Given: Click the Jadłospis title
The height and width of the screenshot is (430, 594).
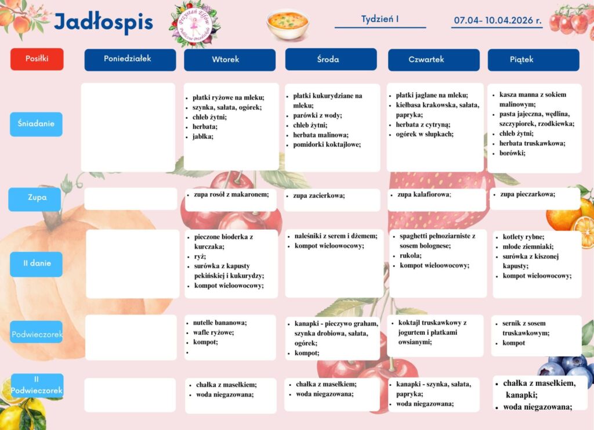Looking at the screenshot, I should (103, 23).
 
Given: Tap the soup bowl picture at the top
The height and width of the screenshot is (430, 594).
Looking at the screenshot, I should (287, 23).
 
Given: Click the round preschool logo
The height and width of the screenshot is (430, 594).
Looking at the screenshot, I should (195, 24).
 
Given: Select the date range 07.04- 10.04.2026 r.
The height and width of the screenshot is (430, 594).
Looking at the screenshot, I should (497, 20).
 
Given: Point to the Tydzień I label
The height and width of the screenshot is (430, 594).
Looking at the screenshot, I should (380, 19).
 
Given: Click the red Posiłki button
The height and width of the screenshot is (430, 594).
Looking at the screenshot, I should (37, 59).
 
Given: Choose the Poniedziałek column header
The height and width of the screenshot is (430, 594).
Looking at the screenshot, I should (130, 59).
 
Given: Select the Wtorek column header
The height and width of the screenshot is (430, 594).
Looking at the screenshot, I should (229, 60).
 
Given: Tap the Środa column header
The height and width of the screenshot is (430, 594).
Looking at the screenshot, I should (331, 59).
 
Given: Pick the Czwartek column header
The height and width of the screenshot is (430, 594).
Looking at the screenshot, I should (433, 60).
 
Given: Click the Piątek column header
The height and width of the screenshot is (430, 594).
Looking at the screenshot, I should (533, 60).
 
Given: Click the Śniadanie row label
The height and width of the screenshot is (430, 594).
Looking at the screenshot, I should (36, 124).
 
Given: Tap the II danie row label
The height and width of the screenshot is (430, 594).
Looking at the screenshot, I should (36, 263).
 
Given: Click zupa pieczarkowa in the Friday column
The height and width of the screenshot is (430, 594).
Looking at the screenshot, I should (527, 194).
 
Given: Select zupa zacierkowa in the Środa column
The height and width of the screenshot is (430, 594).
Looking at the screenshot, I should (318, 196).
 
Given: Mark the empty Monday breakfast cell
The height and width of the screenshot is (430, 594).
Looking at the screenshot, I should (128, 127).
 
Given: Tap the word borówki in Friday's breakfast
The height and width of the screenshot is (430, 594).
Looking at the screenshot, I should (512, 153).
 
